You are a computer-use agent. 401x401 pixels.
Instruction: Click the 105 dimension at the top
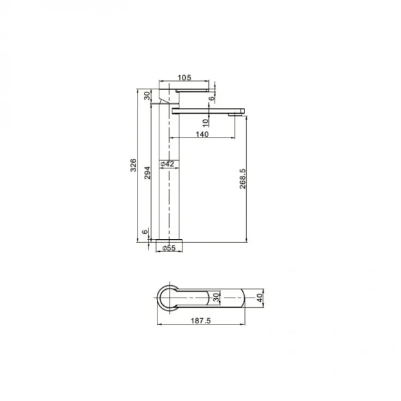[x=184, y=78]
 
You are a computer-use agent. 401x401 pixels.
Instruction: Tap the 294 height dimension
[x=147, y=172]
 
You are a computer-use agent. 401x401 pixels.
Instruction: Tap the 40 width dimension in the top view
[x=259, y=298]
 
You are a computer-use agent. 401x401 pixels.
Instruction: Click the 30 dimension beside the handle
[x=147, y=95]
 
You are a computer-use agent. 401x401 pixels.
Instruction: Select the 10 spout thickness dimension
[x=205, y=122]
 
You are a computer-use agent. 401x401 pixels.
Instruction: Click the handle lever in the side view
[x=193, y=91]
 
